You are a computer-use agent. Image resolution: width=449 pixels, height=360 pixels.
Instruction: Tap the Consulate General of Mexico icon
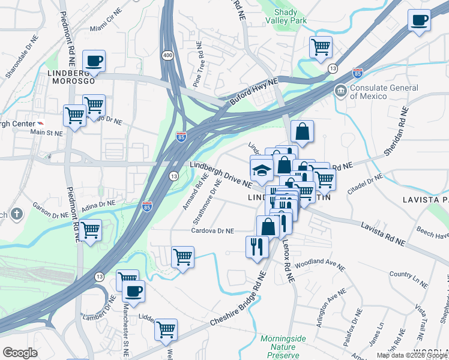tap(341, 91)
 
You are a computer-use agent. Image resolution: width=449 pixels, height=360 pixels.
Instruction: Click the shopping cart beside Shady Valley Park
tap(321, 46)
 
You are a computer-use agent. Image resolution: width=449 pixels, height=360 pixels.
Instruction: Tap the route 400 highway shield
tap(167, 55)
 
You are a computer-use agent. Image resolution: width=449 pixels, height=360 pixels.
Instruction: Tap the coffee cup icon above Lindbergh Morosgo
tap(94, 61)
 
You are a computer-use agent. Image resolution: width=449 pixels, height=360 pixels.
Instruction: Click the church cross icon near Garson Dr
tap(16, 214)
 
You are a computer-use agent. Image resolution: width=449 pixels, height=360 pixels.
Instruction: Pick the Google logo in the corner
tap(20, 352)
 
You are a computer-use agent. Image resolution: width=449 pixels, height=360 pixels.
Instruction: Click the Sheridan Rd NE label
tap(396, 131)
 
